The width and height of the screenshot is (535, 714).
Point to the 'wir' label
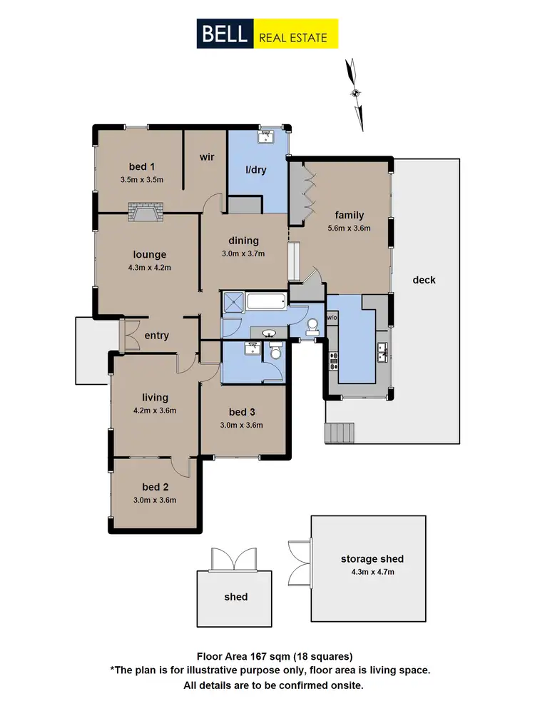(x=207, y=156)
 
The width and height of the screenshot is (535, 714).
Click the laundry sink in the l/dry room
(x=269, y=136)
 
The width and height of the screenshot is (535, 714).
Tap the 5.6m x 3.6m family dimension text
(x=350, y=228)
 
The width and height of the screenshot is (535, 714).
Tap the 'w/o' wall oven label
(x=332, y=317)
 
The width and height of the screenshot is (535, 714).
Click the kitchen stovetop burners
(x=332, y=361)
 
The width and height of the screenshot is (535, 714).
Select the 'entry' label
(x=156, y=336)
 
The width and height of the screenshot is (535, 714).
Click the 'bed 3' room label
(x=242, y=412)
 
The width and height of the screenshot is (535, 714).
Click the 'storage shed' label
(x=372, y=559)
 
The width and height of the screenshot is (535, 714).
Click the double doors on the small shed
(x=233, y=560)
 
